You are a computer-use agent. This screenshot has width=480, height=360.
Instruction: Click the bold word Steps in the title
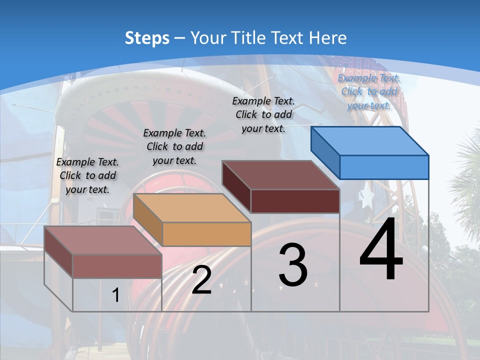pos(146,38)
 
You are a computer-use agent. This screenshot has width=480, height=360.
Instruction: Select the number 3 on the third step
pos(293,265)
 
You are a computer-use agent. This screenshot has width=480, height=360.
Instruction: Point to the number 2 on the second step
pos(201,280)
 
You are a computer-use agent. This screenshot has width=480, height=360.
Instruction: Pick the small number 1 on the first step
pos(115,295)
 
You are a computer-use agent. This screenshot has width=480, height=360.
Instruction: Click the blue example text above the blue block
pos(369,91)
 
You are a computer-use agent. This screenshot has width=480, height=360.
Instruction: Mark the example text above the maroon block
pos(263,114)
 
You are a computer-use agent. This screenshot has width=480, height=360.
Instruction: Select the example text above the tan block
pos(174,146)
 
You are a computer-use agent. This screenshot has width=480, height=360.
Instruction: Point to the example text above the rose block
pos(87,175)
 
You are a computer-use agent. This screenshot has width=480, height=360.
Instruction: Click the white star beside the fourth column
pos(366,197)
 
